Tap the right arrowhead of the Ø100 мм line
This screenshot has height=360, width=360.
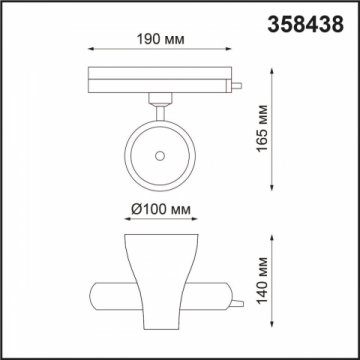tap(197, 223)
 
